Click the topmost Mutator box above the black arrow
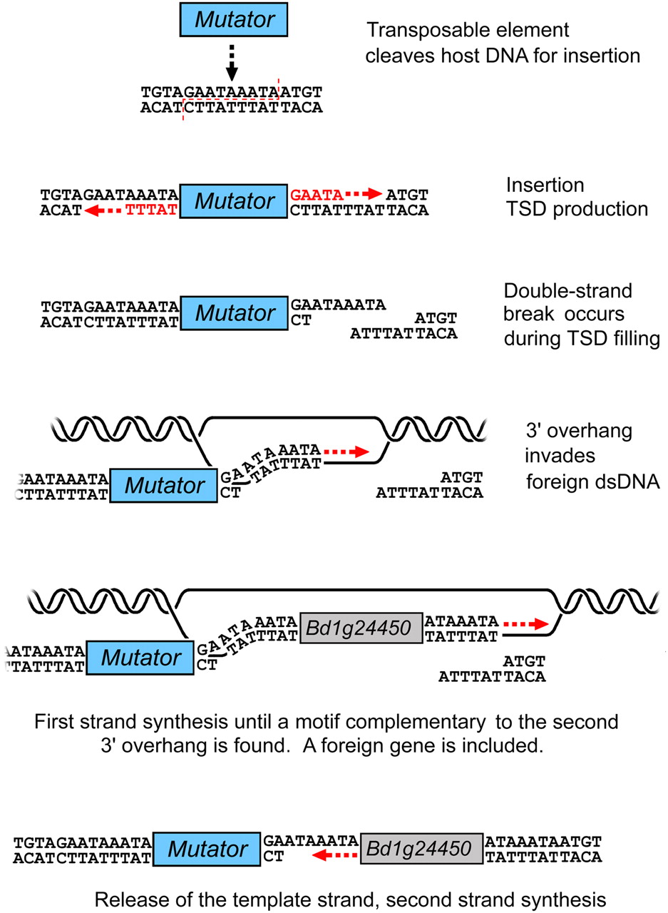232,19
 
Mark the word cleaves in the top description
396,55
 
